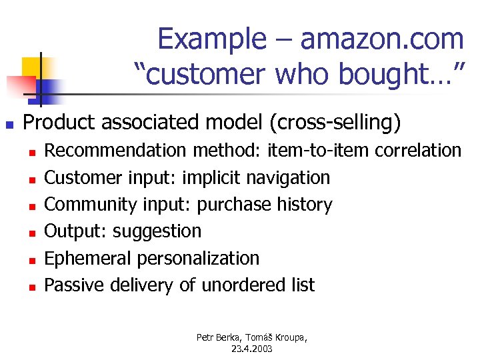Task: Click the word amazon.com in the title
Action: pyautogui.click(x=382, y=39)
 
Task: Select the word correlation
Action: pyautogui.click(x=418, y=151)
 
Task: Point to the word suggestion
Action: pyautogui.click(x=157, y=231)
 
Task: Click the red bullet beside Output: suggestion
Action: pyautogui.click(x=31, y=232)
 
